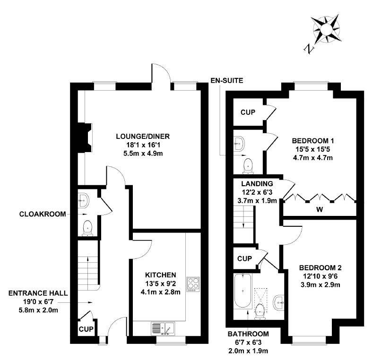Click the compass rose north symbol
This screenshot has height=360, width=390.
click(309, 49)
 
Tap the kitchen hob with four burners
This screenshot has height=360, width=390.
click(193, 284)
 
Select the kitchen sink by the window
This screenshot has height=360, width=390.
click(163, 328)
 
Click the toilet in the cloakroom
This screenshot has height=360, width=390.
click(87, 228)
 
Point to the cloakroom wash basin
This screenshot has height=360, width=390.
click(83, 200)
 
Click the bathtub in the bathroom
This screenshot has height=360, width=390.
click(243, 291)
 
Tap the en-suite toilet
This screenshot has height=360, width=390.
click(248, 165)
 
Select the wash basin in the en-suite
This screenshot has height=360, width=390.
click(239, 143)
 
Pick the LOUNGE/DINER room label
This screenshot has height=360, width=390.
click(143, 137)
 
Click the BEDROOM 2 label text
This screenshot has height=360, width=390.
click(320, 268)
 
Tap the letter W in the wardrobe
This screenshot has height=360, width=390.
click(320, 210)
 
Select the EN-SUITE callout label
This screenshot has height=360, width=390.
click(226, 81)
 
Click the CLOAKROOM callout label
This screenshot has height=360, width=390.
click(43, 214)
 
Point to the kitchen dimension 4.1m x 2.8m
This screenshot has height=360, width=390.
click(160, 292)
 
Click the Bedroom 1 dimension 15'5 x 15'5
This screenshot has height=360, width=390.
click(313, 149)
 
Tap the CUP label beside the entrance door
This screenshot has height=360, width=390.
click(86, 329)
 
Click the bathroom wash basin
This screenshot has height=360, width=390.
click(278, 303)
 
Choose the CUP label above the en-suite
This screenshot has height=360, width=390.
click(248, 112)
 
